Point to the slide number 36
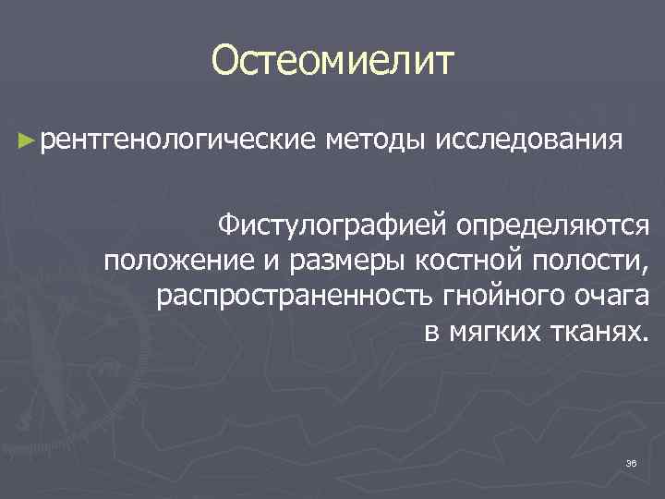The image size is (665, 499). (632, 463)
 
